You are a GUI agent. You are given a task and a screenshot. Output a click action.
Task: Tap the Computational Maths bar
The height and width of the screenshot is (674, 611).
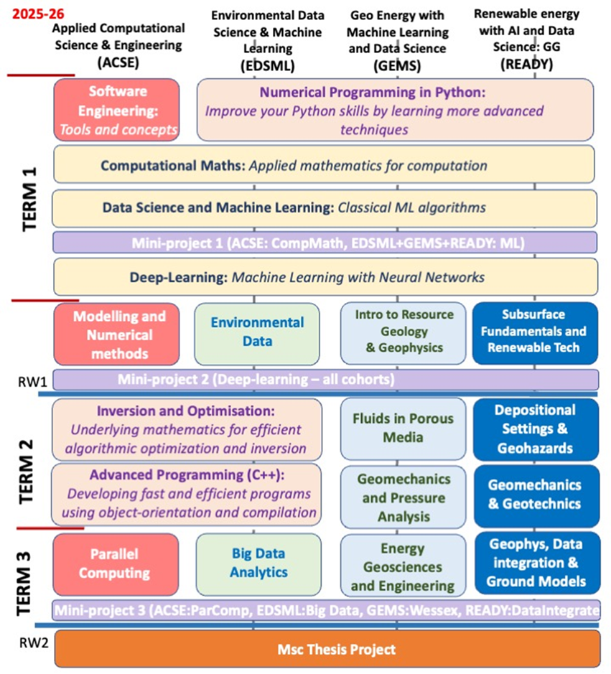point(324,165)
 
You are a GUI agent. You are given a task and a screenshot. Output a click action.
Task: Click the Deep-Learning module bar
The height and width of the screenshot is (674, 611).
point(324,277)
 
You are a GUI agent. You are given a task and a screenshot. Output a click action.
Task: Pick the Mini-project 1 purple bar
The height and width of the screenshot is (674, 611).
point(324,243)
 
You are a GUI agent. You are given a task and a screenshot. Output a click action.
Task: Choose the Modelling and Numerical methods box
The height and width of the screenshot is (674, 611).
point(116,334)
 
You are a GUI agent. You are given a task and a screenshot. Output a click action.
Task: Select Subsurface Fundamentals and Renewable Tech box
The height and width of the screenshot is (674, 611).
point(535,332)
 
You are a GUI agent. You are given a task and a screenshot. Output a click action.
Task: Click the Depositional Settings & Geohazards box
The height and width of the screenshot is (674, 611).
point(535,428)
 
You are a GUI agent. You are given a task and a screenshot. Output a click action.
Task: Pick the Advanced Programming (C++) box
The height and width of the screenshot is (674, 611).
point(186,494)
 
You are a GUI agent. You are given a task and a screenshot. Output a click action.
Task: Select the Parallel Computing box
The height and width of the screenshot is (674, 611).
point(116,564)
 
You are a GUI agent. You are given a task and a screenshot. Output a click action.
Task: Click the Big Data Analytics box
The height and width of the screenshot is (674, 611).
point(256,564)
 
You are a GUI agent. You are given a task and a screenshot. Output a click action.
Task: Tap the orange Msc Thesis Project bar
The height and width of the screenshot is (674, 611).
point(326,650)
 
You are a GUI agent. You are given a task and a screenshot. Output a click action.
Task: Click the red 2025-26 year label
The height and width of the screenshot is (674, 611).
point(29,14)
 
